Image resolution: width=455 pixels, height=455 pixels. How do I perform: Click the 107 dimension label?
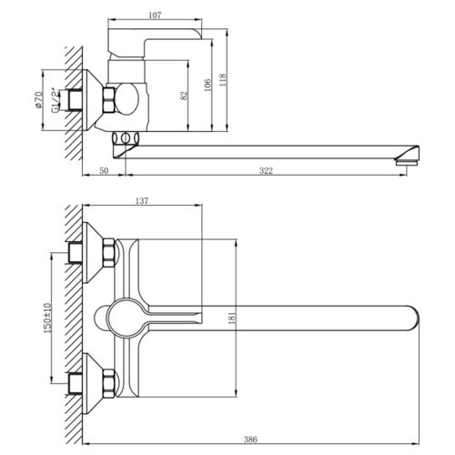(x=155, y=15)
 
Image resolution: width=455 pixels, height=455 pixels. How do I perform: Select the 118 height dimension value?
(x=223, y=80)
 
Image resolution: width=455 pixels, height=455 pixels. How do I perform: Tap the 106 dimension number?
(x=207, y=86)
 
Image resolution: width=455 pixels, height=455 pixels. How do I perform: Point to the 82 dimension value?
(x=184, y=96)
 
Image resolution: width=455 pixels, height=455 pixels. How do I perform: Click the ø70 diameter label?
(x=38, y=99)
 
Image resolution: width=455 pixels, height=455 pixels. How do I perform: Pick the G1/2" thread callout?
(x=55, y=100)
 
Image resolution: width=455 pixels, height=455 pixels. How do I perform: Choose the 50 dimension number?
(x=104, y=171)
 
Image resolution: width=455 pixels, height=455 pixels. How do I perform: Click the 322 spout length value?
(x=266, y=171)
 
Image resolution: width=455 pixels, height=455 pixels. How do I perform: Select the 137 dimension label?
(x=142, y=201)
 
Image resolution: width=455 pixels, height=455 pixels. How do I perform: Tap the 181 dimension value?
(x=232, y=318)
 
